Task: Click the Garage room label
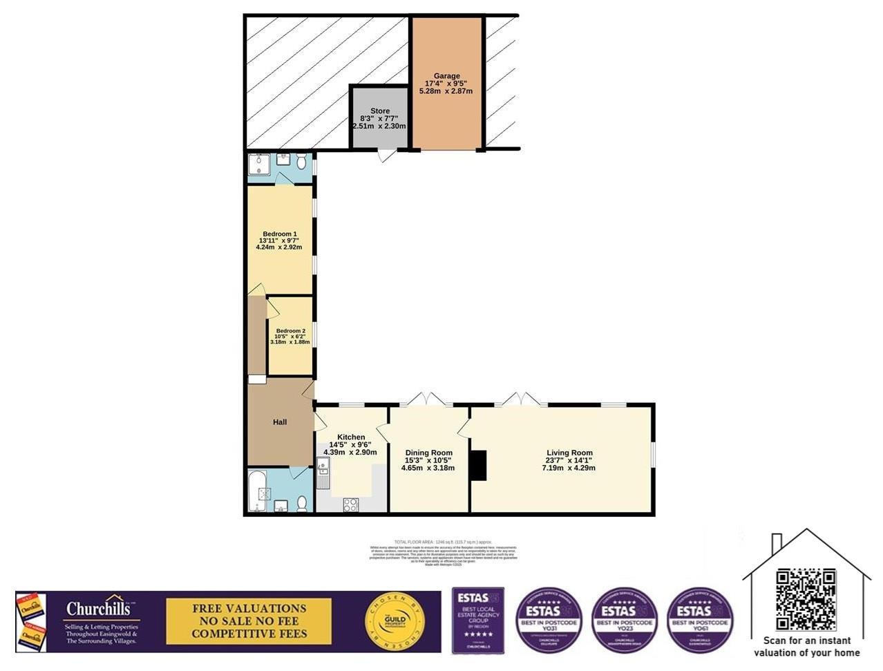tap(446, 76)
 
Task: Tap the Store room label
tap(379, 111)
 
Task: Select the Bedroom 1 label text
tap(279, 234)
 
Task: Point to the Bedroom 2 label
tap(290, 331)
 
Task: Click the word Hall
tap(279, 422)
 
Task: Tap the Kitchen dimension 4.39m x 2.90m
tap(350, 453)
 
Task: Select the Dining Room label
tap(428, 453)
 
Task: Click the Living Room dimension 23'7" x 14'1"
tap(568, 460)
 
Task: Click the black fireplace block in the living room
tap(478, 464)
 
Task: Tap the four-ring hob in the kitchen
tap(350, 504)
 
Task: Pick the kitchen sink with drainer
tap(323, 474)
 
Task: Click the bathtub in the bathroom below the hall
tap(257, 491)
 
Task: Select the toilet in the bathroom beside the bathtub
tap(301, 504)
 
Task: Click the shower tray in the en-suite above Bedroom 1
tap(260, 165)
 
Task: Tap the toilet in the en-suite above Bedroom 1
tap(302, 162)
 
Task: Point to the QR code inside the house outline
tap(806, 599)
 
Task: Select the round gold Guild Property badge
tap(394, 622)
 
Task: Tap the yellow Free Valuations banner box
tap(249, 621)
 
